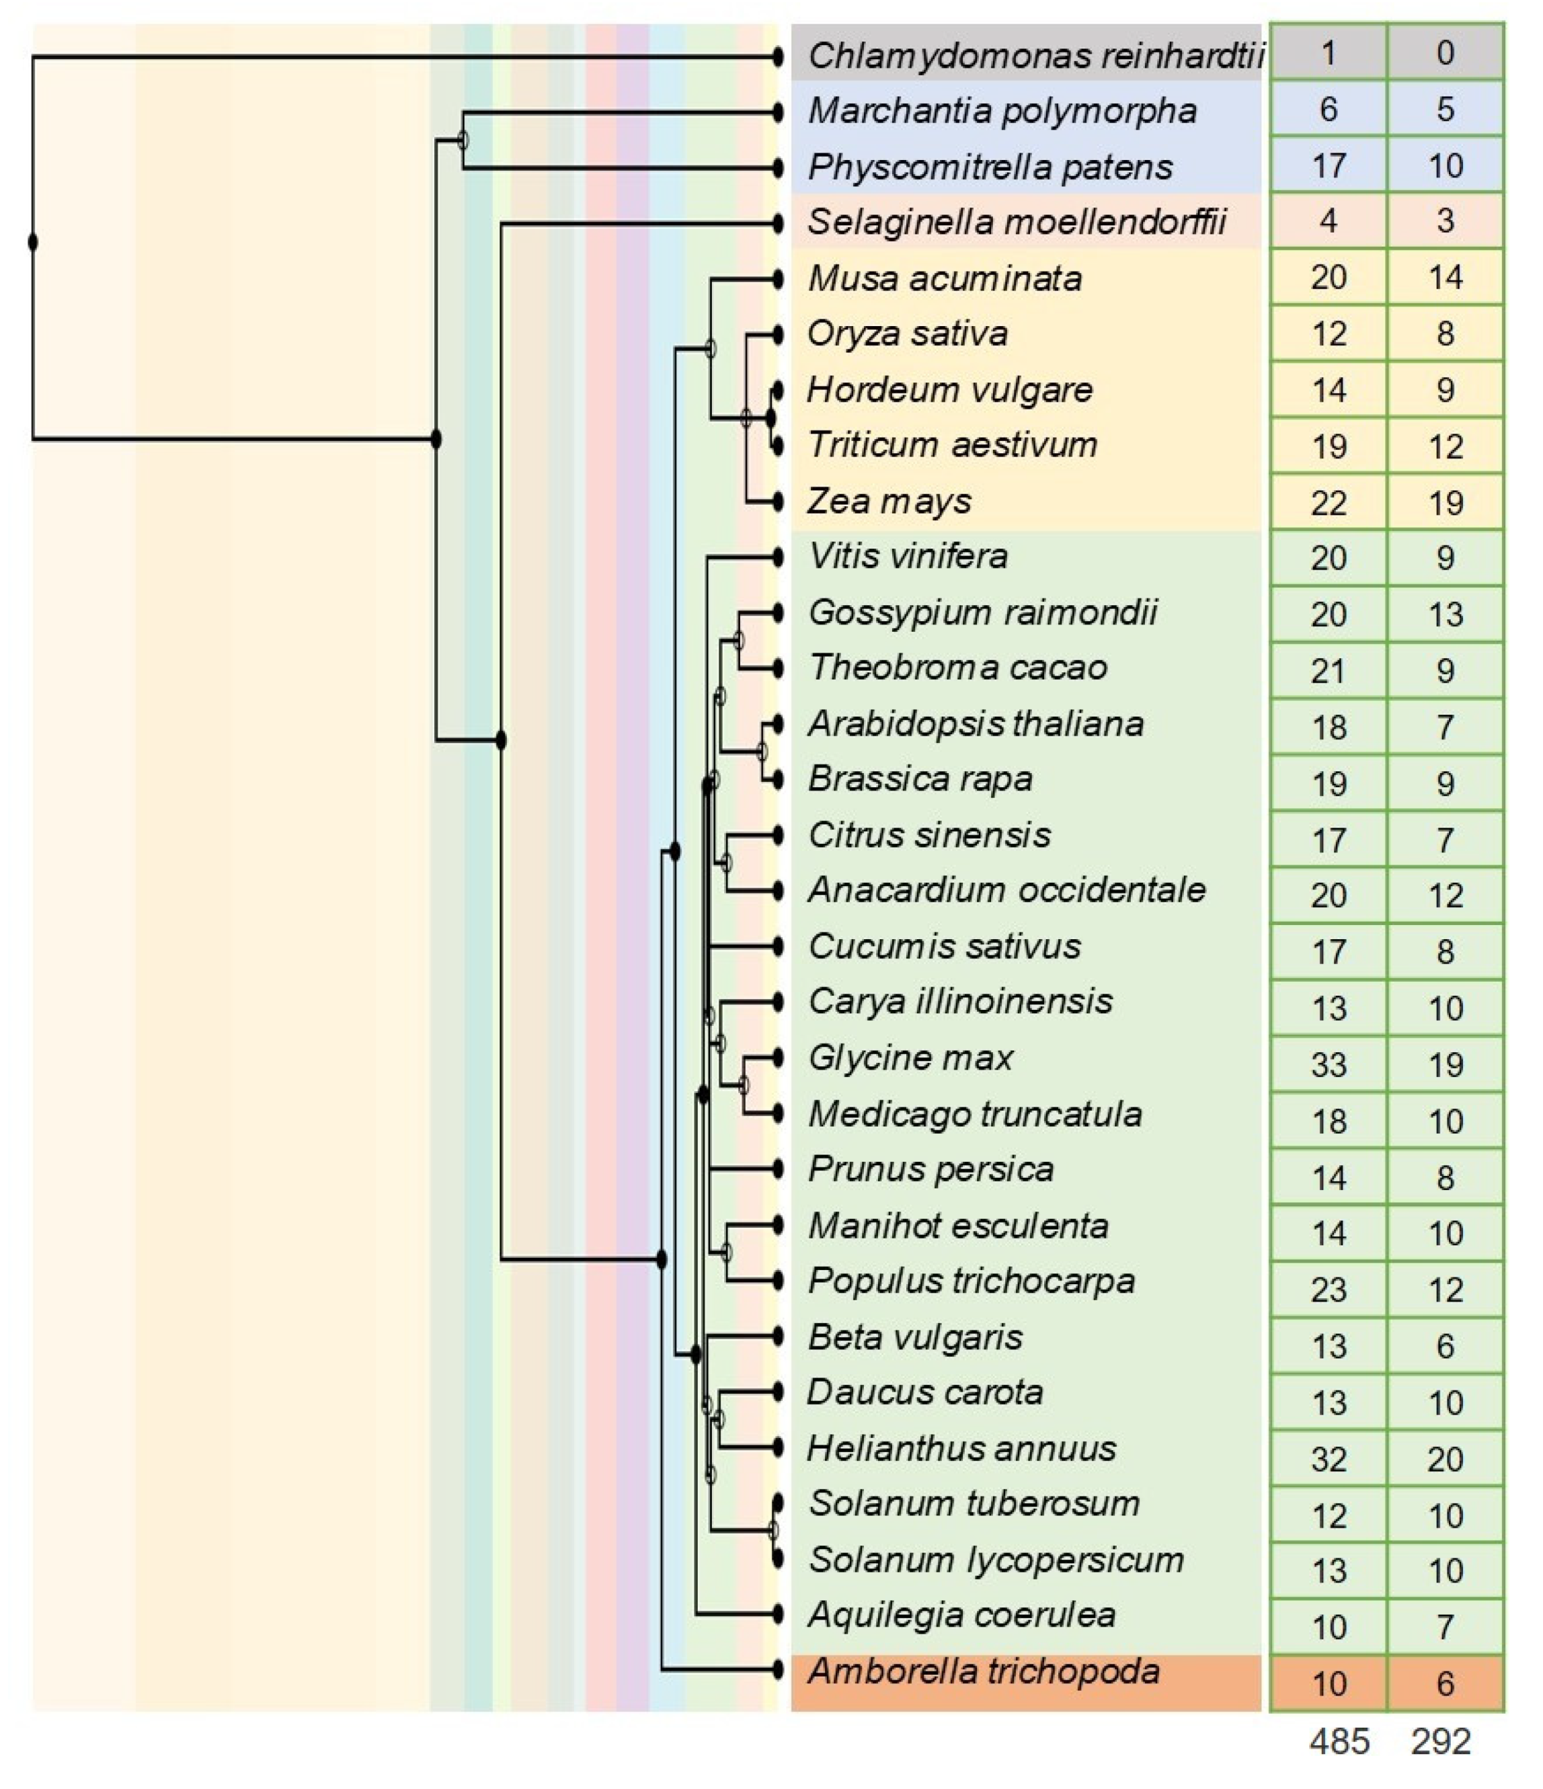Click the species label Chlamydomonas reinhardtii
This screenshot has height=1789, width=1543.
tap(1035, 56)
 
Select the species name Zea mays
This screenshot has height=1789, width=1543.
tap(889, 502)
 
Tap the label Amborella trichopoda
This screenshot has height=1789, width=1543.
tap(984, 1671)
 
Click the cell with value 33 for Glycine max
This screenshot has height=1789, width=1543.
tap(1328, 1065)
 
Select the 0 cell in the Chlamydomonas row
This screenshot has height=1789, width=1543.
tap(1445, 54)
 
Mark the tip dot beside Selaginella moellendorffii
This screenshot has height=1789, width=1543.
tap(778, 224)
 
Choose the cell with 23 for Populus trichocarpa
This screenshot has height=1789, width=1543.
tap(1328, 1290)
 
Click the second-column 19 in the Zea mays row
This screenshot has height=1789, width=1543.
tap(1445, 502)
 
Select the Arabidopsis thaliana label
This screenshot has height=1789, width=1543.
tap(976, 723)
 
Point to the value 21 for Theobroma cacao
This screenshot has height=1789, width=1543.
tap(1328, 671)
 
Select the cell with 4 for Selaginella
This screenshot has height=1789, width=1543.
tap(1328, 221)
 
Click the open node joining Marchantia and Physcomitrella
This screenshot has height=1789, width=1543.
tap(463, 140)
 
